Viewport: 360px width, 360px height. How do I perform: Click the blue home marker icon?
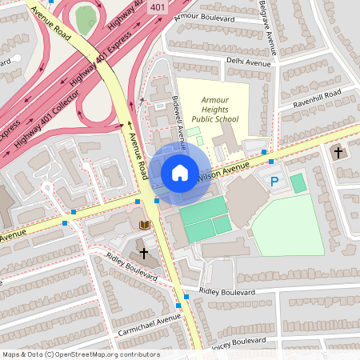coord(180,173)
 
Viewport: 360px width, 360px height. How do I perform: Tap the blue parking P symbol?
coord(274,182)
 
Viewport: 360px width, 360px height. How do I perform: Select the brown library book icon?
coord(145,226)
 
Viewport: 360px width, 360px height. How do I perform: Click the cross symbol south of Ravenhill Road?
coord(338,151)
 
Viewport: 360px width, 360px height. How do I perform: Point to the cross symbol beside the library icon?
coord(144,252)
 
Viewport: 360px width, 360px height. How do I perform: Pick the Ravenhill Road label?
coord(316,99)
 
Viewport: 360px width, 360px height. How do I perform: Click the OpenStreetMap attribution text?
coord(81,354)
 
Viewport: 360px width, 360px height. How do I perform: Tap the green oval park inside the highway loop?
coord(85,20)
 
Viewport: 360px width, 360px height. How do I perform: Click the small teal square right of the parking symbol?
coord(298,183)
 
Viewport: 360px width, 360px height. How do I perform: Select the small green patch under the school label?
coord(194,131)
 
